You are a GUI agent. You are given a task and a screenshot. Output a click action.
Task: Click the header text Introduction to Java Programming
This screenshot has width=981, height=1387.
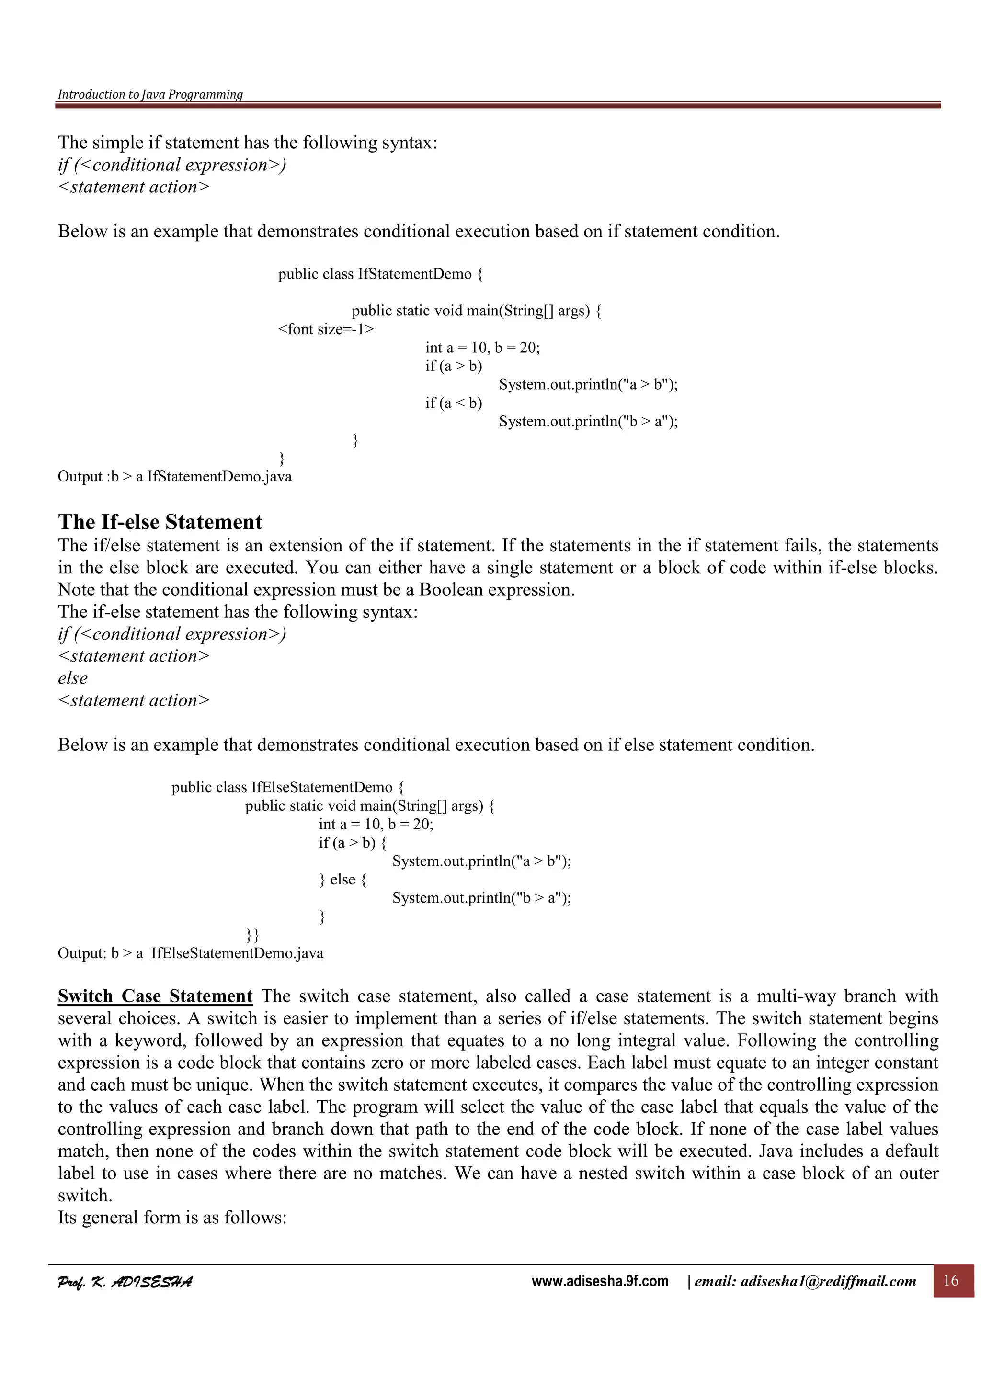pyautogui.click(x=150, y=94)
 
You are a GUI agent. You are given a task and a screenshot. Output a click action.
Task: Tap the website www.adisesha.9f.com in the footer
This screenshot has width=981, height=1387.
pyautogui.click(x=600, y=1281)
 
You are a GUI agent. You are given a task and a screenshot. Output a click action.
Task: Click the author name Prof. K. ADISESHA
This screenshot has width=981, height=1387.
pyautogui.click(x=125, y=1282)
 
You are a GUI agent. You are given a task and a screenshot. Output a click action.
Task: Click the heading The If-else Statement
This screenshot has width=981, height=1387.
pyautogui.click(x=160, y=522)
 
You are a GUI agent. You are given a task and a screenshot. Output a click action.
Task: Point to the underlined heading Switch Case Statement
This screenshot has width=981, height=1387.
pyautogui.click(x=155, y=996)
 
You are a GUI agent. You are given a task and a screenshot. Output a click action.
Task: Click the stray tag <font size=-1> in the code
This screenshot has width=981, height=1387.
pyautogui.click(x=326, y=329)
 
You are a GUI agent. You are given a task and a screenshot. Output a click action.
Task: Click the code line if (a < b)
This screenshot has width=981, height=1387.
pyautogui.click(x=453, y=403)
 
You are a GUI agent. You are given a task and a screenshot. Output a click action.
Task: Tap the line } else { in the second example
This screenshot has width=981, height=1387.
pyautogui.click(x=342, y=880)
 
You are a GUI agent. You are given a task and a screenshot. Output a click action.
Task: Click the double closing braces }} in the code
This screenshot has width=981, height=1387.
pyautogui.click(x=252, y=935)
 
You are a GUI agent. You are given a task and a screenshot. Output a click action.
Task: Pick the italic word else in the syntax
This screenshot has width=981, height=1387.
pyautogui.click(x=72, y=678)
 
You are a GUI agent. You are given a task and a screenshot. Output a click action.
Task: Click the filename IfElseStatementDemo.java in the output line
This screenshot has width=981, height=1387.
pyautogui.click(x=237, y=953)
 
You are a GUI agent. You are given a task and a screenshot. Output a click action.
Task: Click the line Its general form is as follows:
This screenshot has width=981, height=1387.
pyautogui.click(x=171, y=1217)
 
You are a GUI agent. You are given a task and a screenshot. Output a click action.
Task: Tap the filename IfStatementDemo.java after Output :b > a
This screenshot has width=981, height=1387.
pyautogui.click(x=219, y=477)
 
